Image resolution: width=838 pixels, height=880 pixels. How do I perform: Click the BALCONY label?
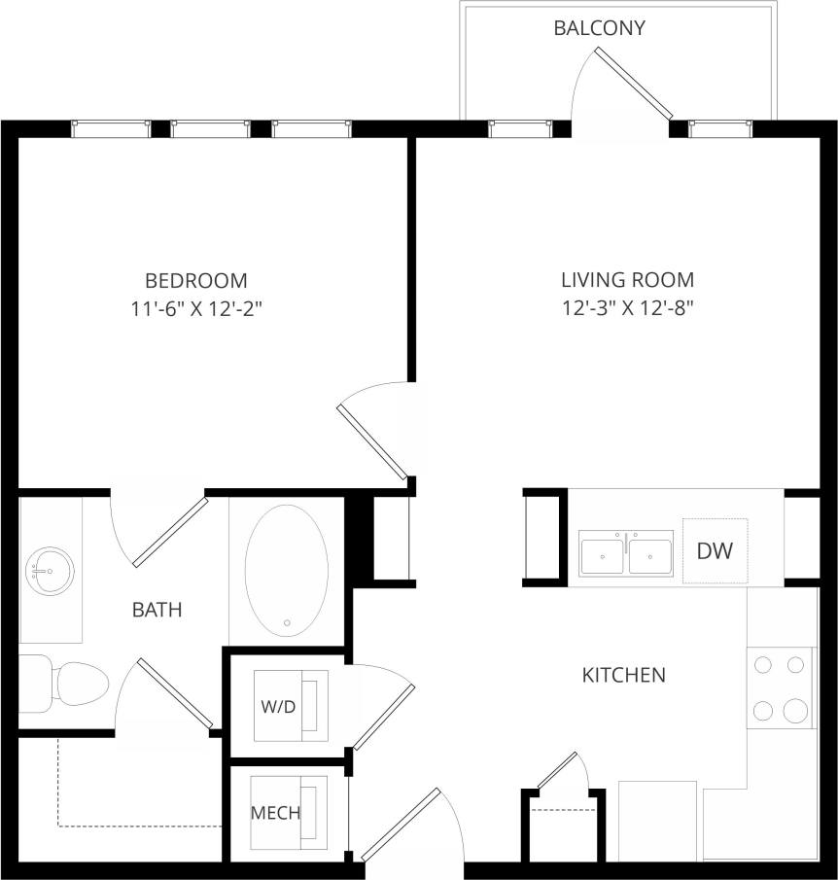599,28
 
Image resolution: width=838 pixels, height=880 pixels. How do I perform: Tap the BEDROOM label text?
195,281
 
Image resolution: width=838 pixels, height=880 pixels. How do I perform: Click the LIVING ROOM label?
627,281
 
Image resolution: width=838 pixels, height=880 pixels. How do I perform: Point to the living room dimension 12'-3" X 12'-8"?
627,309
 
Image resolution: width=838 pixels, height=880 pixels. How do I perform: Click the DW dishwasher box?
715,551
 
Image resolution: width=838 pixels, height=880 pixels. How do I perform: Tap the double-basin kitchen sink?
626,554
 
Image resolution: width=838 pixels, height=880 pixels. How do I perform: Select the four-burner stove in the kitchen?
781,687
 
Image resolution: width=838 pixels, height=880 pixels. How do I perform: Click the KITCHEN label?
623,675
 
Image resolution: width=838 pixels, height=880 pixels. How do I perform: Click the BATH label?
157,611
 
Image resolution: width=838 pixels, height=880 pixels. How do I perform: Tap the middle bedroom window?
210,128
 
